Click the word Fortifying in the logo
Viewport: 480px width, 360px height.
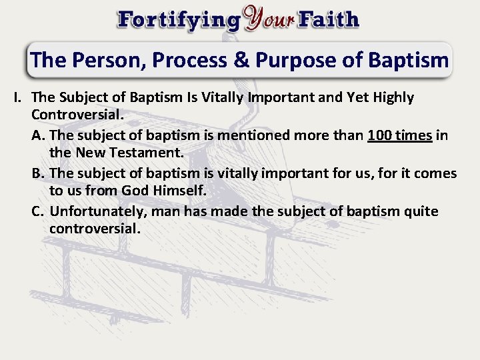[179, 19]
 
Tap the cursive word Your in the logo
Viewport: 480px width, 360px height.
[269, 19]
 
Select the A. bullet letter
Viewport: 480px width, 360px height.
[39, 136]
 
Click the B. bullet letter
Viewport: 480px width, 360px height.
[39, 174]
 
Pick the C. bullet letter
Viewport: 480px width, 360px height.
[39, 212]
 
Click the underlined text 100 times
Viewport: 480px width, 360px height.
[400, 136]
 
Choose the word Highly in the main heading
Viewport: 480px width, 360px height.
[392, 98]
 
